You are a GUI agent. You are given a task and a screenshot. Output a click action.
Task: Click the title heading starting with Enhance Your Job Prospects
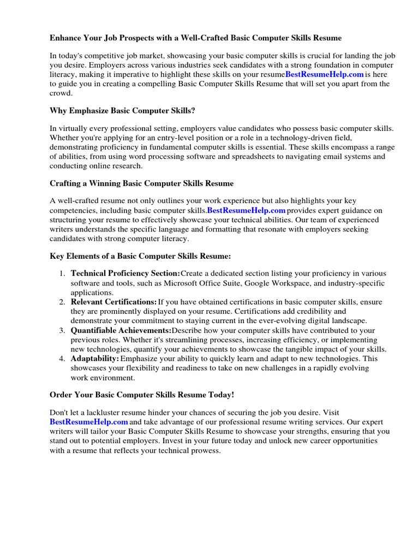coord(196,39)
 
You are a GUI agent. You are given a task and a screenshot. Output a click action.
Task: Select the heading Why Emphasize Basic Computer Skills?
coord(122,110)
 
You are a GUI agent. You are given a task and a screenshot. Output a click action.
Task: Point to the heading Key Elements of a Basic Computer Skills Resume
coord(140,255)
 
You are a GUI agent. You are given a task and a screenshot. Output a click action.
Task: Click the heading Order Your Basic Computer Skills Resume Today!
coord(142,395)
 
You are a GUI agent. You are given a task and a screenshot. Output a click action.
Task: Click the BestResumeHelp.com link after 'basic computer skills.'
coord(246,210)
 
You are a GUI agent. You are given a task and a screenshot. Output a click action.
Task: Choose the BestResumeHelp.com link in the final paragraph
coord(89,422)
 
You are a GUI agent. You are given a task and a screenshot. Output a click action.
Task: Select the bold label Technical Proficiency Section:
coord(125,273)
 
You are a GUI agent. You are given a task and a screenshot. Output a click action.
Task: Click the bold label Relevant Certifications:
coord(113,302)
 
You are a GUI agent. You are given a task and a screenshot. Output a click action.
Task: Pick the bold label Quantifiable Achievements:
coord(121,330)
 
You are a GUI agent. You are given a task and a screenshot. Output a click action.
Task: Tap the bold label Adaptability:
coord(95,359)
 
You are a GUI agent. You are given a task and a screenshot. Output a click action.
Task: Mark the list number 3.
coord(62,330)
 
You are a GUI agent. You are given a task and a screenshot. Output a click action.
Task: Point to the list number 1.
coord(62,273)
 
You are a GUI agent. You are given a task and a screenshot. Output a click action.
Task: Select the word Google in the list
coord(259,283)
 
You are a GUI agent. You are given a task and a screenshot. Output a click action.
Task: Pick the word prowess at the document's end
coord(205,451)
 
